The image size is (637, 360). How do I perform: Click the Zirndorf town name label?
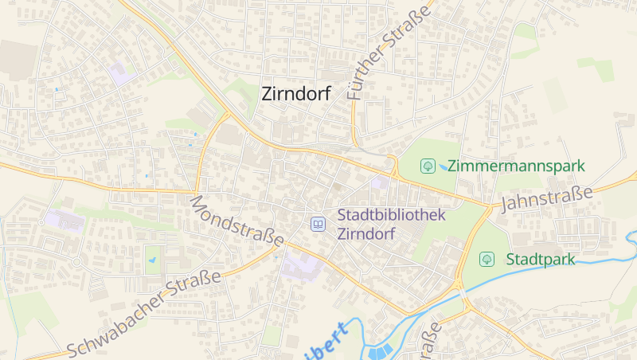pyautogui.click(x=296, y=94)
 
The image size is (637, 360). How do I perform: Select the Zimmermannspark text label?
pyautogui.click(x=516, y=166)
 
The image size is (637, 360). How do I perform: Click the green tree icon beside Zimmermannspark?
pyautogui.click(x=428, y=166)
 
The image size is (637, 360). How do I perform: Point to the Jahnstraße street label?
pyautogui.click(x=547, y=198)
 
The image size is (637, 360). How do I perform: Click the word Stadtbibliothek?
pyautogui.click(x=391, y=215)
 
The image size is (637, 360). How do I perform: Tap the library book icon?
pyautogui.click(x=318, y=225)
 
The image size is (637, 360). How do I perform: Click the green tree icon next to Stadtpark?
pyautogui.click(x=486, y=259)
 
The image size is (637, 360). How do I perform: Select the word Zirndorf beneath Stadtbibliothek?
pyautogui.click(x=367, y=234)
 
